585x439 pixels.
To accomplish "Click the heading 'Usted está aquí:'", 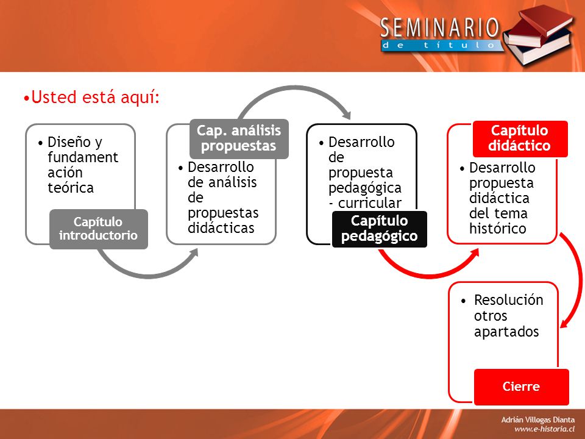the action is (91, 97).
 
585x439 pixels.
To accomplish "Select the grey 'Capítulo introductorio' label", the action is (99, 229).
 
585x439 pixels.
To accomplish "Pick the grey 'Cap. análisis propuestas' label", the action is (239, 138).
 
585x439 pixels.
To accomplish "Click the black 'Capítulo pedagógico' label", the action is (380, 229).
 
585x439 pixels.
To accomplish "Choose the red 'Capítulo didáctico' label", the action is (520, 138).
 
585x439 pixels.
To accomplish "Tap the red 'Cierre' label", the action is (521, 387).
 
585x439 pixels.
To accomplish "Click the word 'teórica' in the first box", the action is (71, 188).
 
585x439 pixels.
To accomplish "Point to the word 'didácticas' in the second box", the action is (221, 227).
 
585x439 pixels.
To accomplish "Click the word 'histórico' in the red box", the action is (498, 229).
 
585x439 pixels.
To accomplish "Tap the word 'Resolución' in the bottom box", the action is (508, 300).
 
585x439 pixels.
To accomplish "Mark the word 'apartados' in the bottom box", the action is (506, 332).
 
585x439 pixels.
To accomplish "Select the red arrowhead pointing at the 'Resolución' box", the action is (564, 323).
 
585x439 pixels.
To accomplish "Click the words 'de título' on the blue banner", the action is (439, 45).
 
